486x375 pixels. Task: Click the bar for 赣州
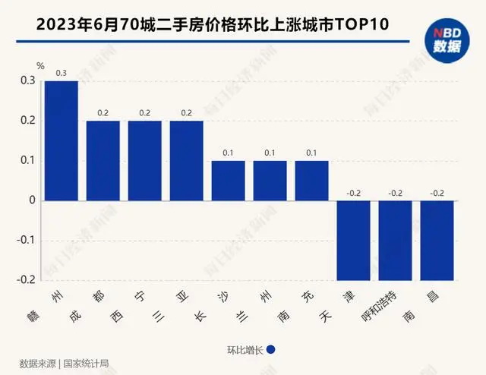(61, 140)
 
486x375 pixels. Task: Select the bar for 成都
(103, 160)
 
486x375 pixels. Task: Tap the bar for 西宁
(144, 160)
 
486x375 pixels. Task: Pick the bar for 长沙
(228, 181)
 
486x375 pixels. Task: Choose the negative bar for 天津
(353, 240)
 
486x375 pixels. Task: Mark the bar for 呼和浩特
(395, 240)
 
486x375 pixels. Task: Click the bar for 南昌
(437, 240)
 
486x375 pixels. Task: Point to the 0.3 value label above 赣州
(61, 74)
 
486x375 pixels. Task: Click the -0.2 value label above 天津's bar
(353, 194)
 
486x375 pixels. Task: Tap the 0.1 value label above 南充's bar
(311, 153)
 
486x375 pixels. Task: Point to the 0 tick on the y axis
(32, 200)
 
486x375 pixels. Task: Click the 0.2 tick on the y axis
(28, 121)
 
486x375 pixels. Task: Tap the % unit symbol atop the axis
(51, 66)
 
